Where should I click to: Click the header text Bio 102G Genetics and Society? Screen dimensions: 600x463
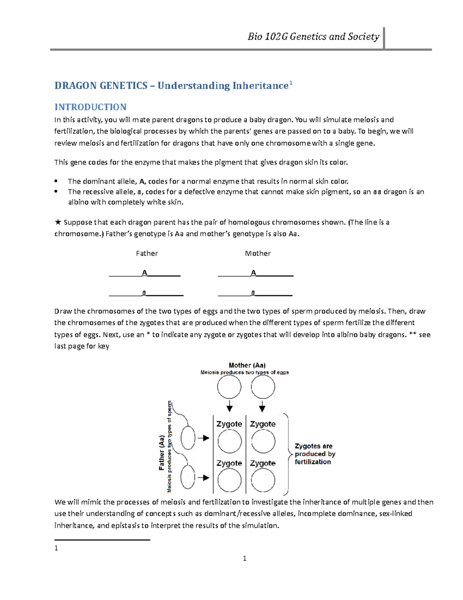point(313,37)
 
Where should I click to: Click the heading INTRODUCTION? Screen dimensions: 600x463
point(90,107)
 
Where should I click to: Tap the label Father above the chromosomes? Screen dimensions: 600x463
point(147,253)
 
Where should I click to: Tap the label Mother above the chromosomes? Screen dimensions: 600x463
point(258,253)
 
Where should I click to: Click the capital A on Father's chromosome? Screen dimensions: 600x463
point(145,273)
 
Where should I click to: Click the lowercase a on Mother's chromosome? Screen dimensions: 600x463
point(253,293)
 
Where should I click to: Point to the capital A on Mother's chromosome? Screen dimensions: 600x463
point(253,273)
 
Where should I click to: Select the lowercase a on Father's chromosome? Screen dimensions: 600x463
point(144,293)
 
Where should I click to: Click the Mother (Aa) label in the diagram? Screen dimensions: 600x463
point(247,365)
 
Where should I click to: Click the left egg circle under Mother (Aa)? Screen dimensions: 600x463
point(229,387)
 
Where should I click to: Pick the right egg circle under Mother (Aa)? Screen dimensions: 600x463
point(263,387)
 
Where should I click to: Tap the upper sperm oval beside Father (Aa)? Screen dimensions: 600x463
point(188,438)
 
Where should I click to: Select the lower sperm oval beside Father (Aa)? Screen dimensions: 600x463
point(188,478)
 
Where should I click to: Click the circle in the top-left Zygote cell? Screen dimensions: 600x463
point(229,441)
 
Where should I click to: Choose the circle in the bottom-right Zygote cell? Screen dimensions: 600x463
point(263,481)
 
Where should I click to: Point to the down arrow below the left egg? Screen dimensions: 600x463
point(230,407)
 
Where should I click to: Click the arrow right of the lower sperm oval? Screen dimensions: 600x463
point(203,478)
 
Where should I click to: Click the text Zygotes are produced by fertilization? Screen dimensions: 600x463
point(314,454)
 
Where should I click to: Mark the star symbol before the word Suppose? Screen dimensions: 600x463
point(58,222)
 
